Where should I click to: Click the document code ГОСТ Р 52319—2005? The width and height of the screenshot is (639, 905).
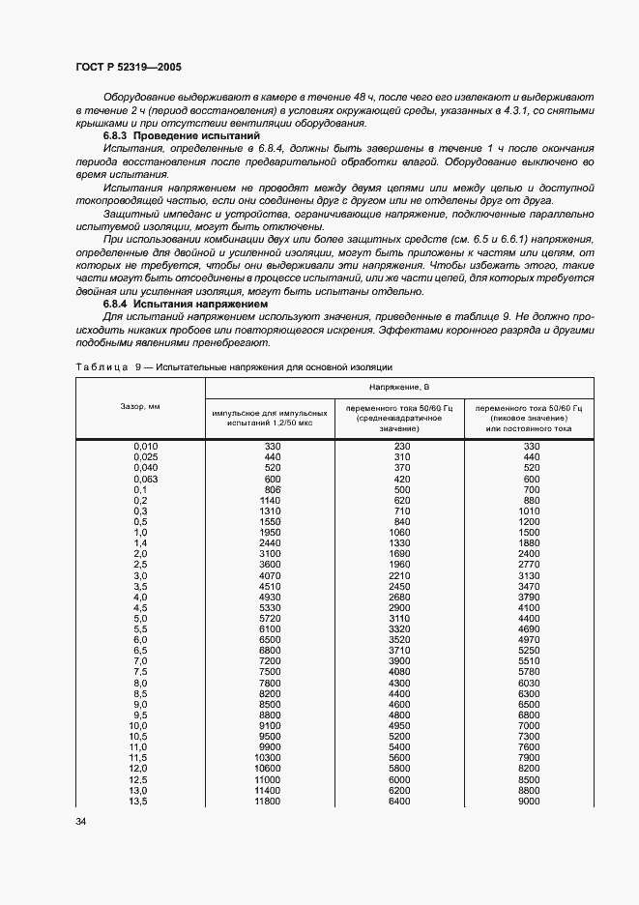(x=128, y=68)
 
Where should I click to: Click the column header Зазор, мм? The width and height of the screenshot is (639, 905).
(x=140, y=406)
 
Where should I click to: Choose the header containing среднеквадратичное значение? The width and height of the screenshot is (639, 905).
(x=399, y=418)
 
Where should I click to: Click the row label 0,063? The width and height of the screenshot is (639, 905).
(x=145, y=479)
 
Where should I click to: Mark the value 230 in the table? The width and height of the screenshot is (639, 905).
(x=399, y=446)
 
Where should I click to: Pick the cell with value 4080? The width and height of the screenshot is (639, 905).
(x=399, y=671)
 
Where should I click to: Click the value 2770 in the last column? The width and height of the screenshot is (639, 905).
(x=528, y=565)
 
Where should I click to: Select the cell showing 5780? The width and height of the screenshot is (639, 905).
(x=528, y=671)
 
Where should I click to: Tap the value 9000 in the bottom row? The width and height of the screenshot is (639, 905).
(x=528, y=802)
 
